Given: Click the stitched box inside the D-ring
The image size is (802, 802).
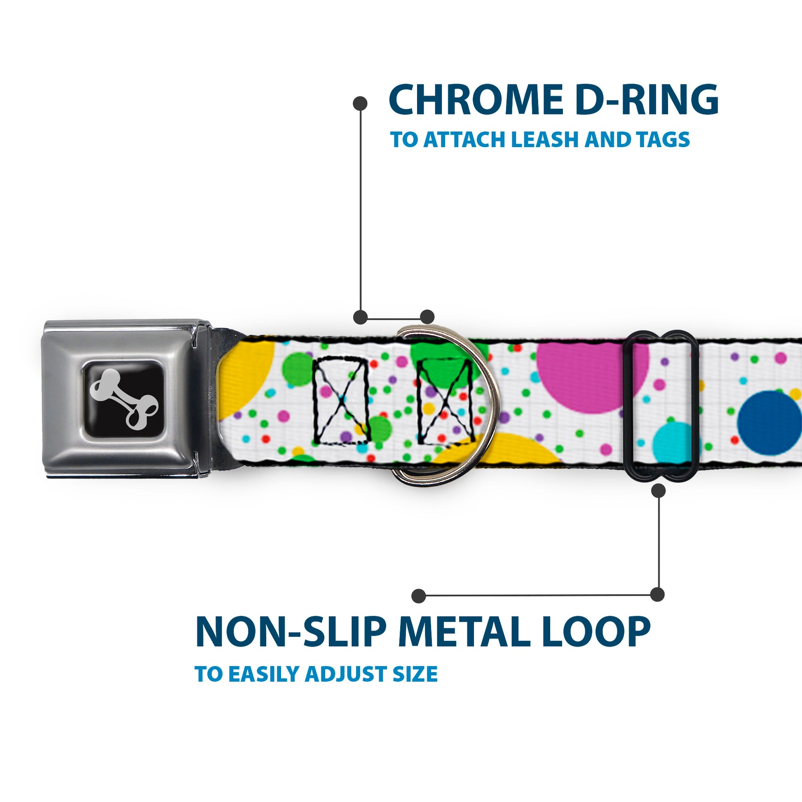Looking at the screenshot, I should click(445, 401).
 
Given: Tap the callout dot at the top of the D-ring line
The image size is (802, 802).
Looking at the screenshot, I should click(360, 103).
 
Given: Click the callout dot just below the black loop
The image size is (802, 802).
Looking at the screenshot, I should click(658, 491).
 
